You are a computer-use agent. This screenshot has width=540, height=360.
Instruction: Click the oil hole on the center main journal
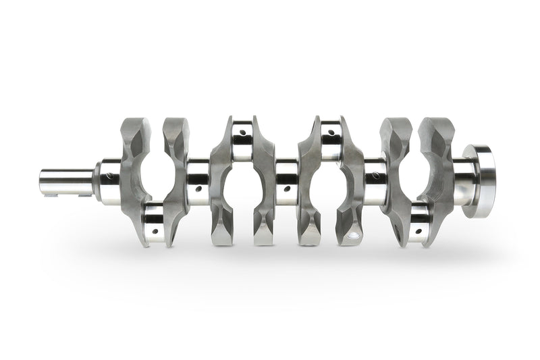[x=287, y=190]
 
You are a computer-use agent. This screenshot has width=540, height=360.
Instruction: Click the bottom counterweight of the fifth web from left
[x=310, y=230]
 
